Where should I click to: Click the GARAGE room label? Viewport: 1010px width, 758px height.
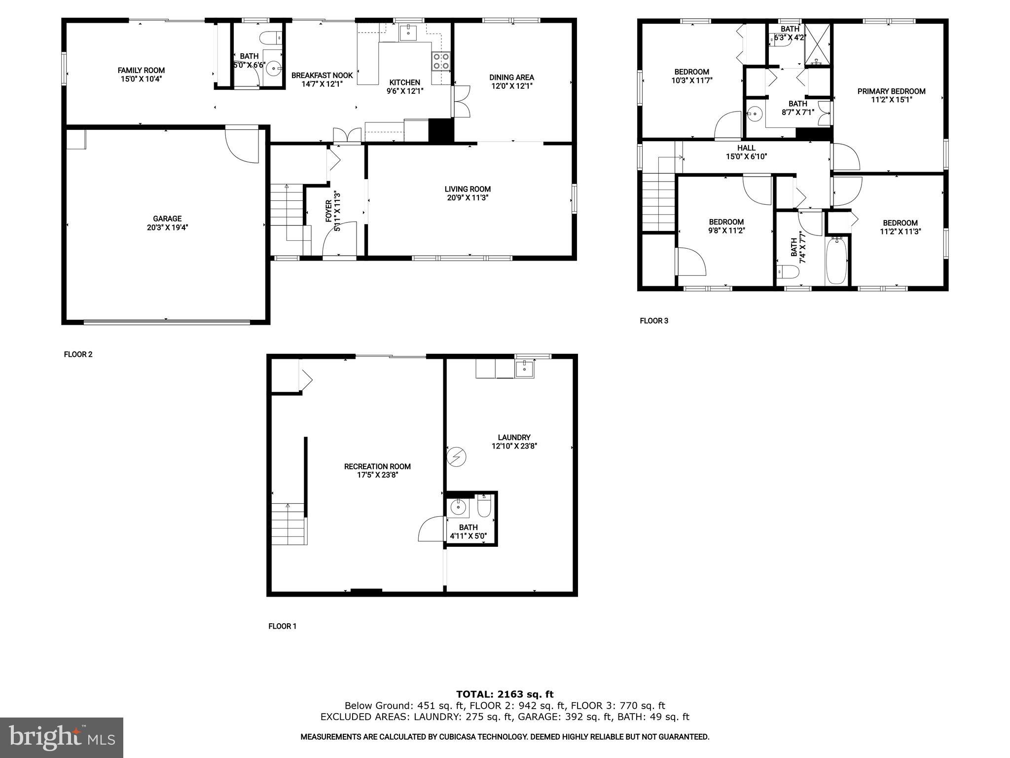point(167,219)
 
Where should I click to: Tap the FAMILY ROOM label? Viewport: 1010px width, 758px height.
point(141,71)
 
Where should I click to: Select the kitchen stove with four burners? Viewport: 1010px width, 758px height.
point(441,61)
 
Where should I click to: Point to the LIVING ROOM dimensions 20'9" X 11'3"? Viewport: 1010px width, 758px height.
point(468,198)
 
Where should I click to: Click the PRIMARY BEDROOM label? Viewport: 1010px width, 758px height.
point(891,91)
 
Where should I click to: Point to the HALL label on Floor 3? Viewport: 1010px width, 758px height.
point(746,148)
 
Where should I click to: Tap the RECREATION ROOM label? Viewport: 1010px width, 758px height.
point(377,466)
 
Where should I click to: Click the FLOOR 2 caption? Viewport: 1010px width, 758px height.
point(78,354)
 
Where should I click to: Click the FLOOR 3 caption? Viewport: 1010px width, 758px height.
point(654,321)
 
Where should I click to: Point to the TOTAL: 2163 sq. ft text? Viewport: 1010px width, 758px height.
point(505,695)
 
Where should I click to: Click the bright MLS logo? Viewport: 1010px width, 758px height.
point(61,737)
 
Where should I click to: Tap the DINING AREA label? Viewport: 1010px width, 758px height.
point(511,77)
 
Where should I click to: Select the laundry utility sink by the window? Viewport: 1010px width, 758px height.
point(525,368)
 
